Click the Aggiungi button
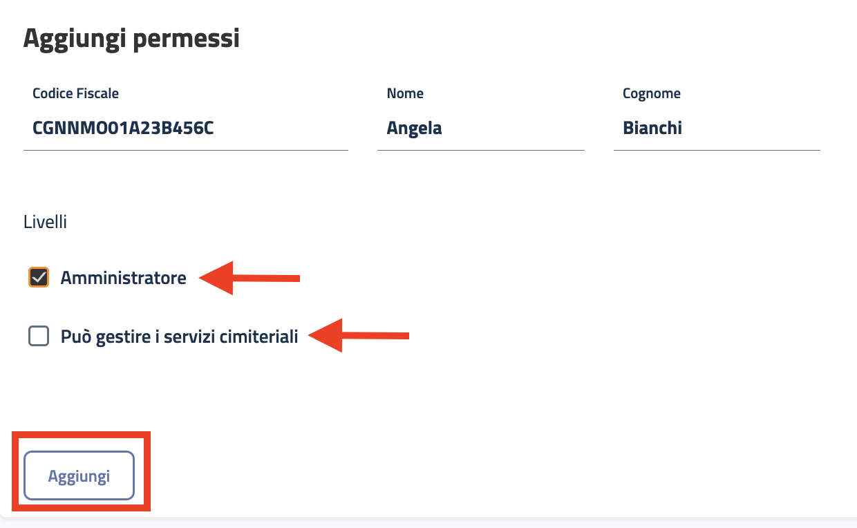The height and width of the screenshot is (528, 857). [x=79, y=476]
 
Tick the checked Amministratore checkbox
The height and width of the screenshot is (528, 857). [x=39, y=278]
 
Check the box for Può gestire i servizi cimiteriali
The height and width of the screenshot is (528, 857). [x=39, y=337]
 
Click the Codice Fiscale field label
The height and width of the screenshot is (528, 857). [x=76, y=93]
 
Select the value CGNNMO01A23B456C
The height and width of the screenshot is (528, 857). [x=122, y=129]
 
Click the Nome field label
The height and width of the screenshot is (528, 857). [x=405, y=93]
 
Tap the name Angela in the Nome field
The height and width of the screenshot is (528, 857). [x=414, y=129]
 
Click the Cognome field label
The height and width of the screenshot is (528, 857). [x=652, y=93]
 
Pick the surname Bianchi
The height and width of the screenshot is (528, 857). [x=652, y=129]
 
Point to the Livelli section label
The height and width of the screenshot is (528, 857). [x=45, y=223]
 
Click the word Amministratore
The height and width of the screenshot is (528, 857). [x=124, y=279]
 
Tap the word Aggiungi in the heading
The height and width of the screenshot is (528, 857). [x=74, y=39]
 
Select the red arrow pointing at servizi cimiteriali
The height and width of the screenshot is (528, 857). [x=359, y=336]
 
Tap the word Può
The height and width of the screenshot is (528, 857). [x=75, y=338]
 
